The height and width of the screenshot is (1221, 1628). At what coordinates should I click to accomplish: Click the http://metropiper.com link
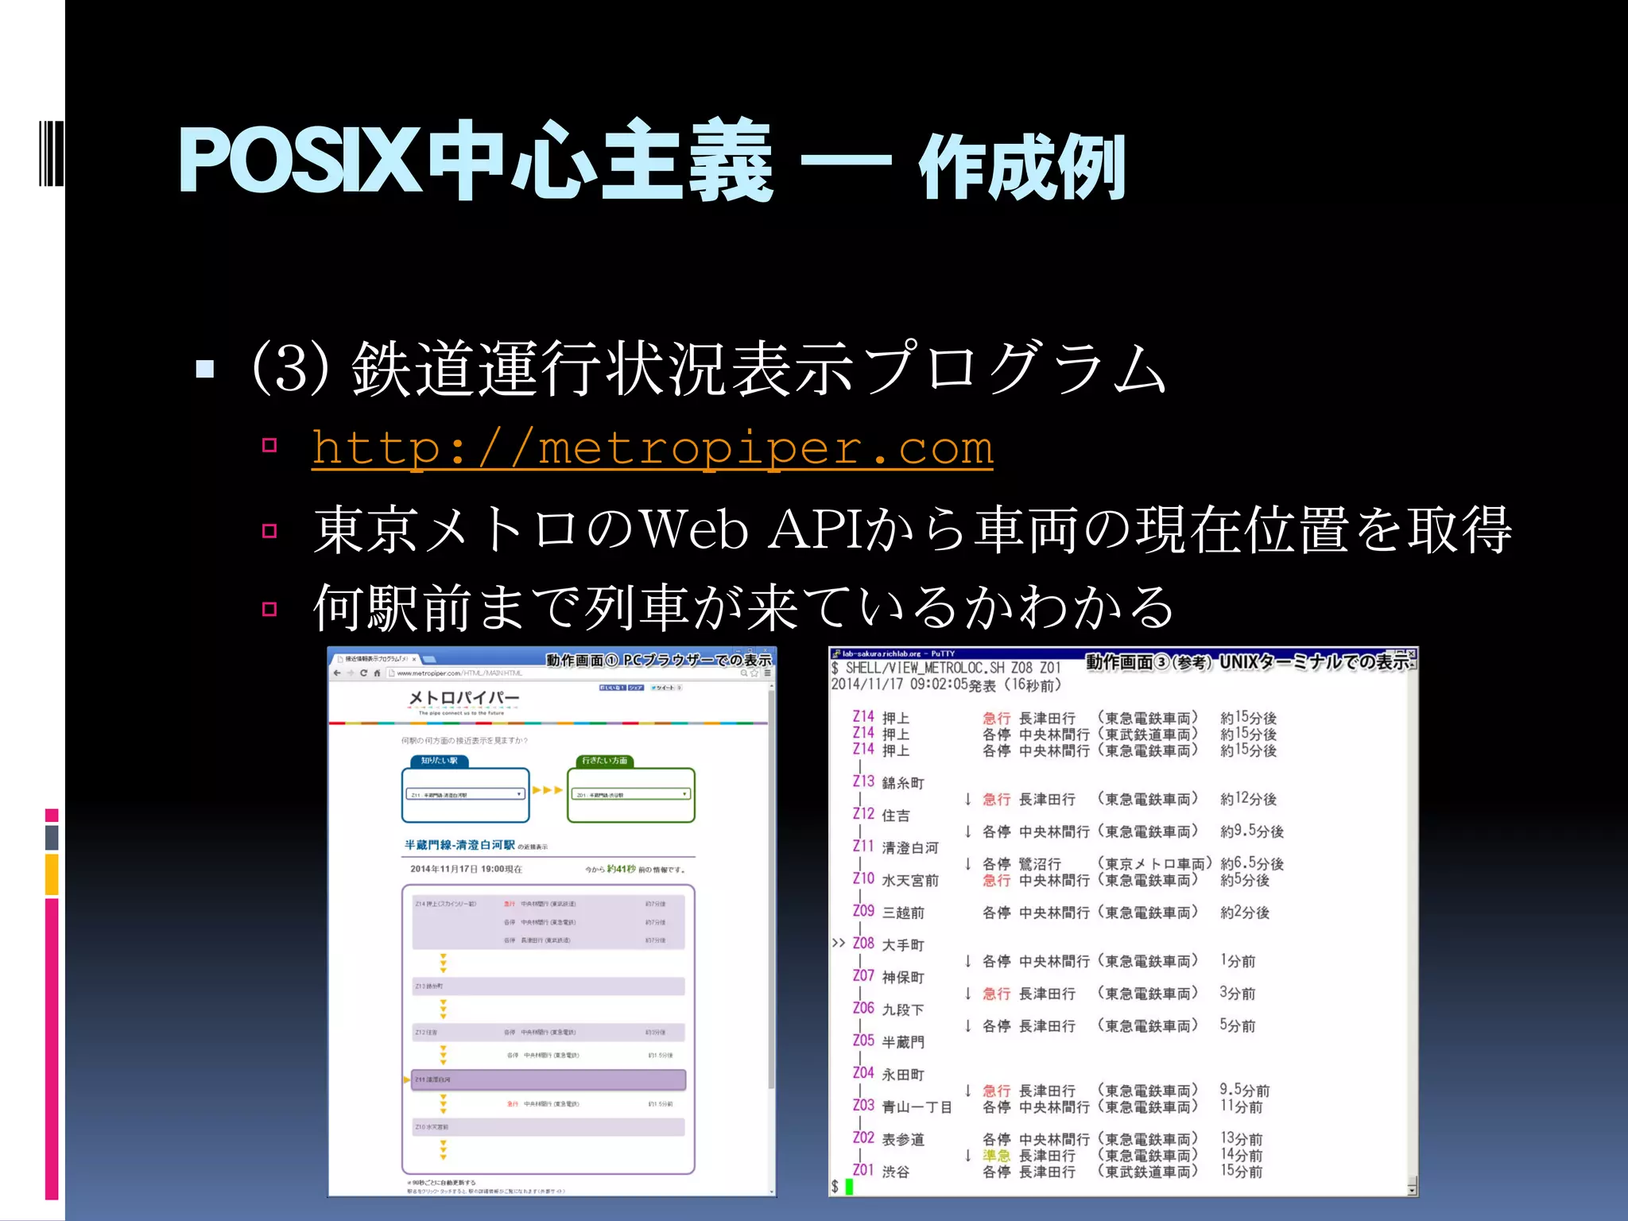coord(652,448)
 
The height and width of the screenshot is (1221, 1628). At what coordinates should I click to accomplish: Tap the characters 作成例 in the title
coord(1021,167)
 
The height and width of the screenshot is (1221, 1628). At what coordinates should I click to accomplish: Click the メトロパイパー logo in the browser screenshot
coord(463,699)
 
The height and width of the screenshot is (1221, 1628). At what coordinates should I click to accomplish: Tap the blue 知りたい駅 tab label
coord(439,761)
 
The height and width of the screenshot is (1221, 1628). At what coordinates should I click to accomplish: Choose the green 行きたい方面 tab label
coord(604,761)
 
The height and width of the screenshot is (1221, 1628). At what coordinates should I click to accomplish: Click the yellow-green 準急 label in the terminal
coord(996,1155)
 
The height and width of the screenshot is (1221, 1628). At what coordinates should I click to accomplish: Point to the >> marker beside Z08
coord(838,944)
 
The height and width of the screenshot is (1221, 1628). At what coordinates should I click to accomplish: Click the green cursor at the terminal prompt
coord(849,1187)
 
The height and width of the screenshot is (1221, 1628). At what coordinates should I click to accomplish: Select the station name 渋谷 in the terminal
coord(896,1172)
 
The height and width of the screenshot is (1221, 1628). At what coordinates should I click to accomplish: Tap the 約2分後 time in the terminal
coord(1245,913)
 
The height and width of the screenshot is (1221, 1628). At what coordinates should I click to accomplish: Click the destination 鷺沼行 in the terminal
coord(1040,864)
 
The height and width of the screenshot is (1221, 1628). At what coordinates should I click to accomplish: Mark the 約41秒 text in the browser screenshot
coord(621,869)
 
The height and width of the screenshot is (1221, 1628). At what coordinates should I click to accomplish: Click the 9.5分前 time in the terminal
coord(1245,1090)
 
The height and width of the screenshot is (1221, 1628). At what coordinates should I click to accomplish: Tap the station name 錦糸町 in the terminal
coord(903,783)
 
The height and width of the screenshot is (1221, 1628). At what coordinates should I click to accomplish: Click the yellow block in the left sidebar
coord(52,874)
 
